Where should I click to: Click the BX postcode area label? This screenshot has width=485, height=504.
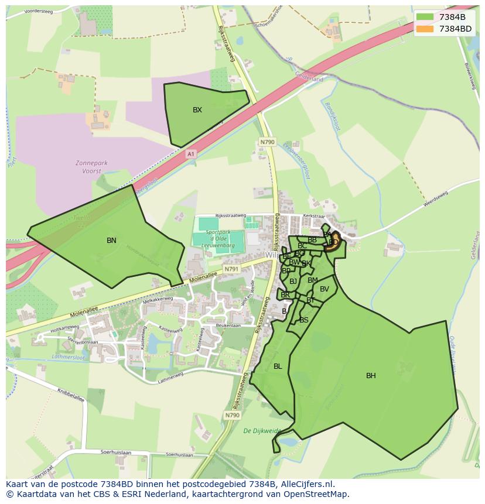[197, 110]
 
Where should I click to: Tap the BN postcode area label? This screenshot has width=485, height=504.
[111, 241]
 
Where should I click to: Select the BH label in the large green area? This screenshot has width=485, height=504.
[371, 376]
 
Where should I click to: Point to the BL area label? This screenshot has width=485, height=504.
[278, 366]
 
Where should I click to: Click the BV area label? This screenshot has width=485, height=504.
[325, 289]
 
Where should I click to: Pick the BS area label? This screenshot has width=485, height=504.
[304, 320]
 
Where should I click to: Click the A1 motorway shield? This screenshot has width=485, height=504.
[190, 154]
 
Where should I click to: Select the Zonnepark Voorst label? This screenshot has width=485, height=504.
[88, 167]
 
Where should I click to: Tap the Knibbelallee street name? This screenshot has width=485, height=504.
[71, 395]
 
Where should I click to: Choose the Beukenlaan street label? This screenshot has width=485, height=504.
[228, 325]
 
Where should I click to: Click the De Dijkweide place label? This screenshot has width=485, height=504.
[262, 431]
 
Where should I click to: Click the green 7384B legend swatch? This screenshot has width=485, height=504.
[425, 17]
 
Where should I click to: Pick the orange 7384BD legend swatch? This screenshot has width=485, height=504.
[425, 29]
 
